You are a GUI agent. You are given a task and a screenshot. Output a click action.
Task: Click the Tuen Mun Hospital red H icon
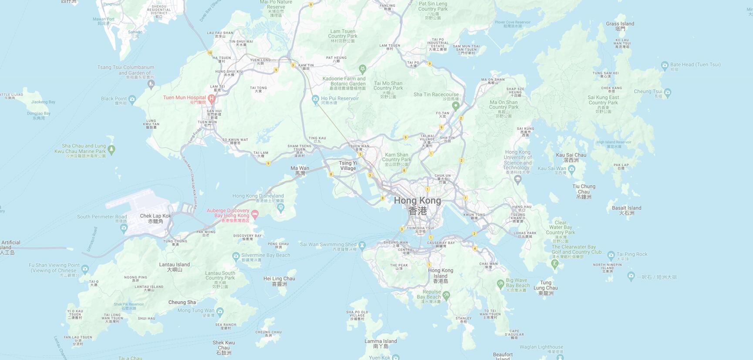[212, 98]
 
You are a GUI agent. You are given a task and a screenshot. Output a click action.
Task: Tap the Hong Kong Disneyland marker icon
[281, 208]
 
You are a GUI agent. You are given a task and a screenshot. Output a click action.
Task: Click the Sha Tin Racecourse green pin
[456, 105]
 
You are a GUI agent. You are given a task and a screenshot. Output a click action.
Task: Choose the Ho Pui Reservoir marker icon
[316, 100]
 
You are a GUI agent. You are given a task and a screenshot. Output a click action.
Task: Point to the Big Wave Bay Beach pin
[500, 284]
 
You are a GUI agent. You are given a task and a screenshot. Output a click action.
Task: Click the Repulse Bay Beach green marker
[446, 296]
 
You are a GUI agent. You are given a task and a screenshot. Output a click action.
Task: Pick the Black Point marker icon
[132, 99]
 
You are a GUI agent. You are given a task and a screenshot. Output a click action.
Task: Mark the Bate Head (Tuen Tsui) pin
[665, 66]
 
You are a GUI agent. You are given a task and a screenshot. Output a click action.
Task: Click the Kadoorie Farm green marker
[362, 69]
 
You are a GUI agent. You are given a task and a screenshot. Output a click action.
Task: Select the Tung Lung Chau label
[546, 288]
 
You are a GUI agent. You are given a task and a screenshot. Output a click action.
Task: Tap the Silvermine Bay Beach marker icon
[236, 256]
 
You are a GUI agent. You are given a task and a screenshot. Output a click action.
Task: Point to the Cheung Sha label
[182, 302]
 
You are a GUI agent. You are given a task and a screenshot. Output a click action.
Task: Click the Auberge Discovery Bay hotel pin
[255, 214]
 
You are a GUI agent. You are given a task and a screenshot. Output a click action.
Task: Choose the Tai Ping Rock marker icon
[611, 255]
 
